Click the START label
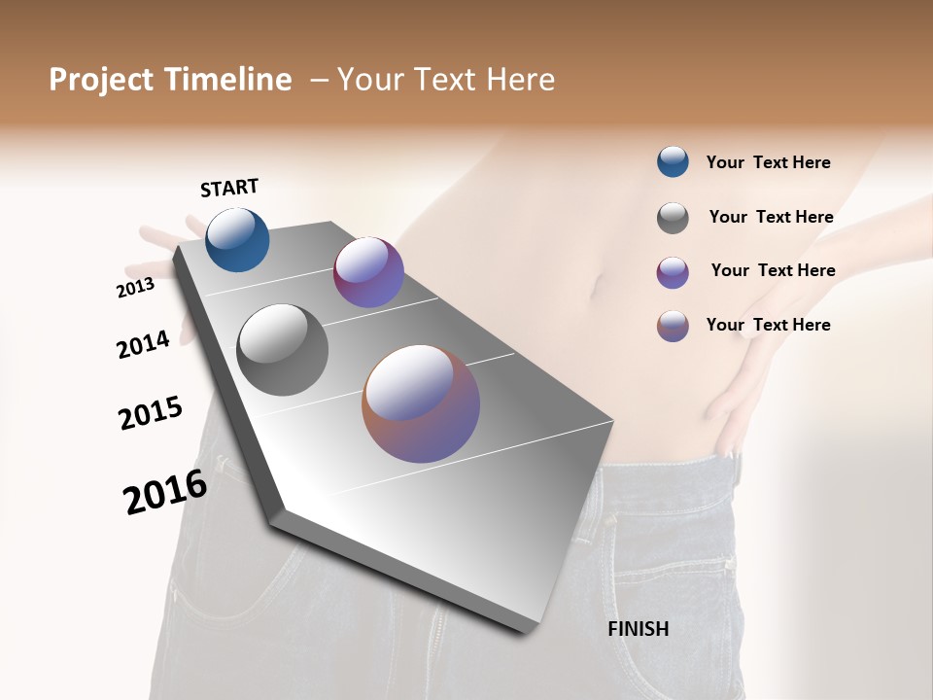pos(229,188)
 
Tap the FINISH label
pos(638,629)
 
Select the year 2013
pos(135,288)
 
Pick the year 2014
pos(143,344)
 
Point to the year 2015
pos(151,413)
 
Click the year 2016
pos(165,492)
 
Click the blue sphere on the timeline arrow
pos(237,240)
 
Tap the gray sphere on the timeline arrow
pos(282,350)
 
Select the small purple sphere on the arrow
pos(368,272)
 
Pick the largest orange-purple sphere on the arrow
pos(421,403)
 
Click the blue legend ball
pos(673,161)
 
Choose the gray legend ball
pos(673,218)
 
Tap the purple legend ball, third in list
pos(673,272)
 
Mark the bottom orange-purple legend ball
pos(673,326)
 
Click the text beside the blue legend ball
pos(768,162)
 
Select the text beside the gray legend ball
pos(771,217)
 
